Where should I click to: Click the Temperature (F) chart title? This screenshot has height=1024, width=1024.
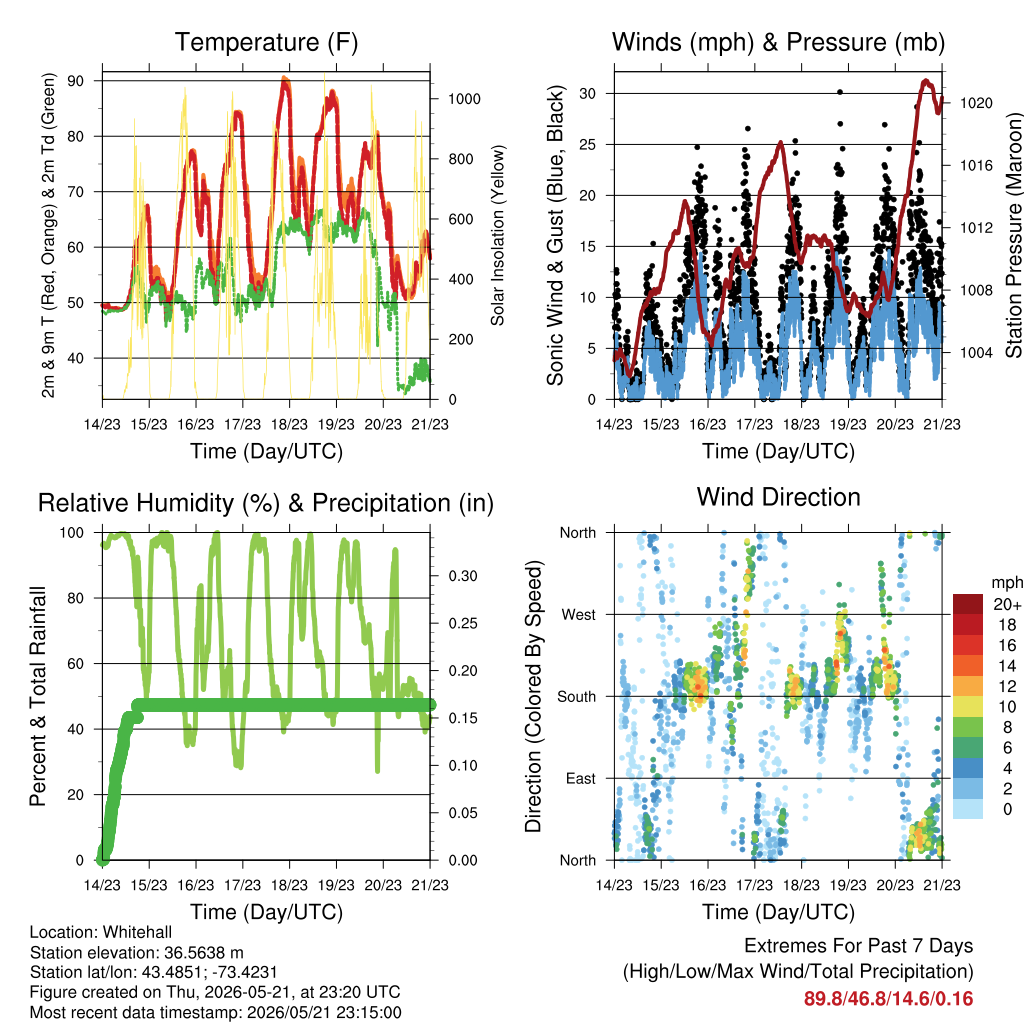[266, 42]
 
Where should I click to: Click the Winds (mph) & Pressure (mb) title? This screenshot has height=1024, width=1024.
[778, 42]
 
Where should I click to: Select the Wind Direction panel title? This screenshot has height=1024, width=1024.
[778, 497]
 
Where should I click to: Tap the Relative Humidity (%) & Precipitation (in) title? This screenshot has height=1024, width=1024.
[266, 504]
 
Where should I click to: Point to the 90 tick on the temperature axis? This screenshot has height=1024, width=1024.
[76, 81]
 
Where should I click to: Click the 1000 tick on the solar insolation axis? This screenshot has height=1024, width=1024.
[464, 99]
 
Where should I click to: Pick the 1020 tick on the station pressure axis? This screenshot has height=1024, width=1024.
[976, 103]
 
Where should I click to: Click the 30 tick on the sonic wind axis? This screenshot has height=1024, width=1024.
[587, 93]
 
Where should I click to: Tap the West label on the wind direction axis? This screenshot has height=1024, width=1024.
[579, 615]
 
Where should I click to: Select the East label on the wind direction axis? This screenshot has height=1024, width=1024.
[581, 778]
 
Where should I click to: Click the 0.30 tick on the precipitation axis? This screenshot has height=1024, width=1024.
[462, 576]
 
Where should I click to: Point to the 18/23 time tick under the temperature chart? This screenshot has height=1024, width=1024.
[289, 424]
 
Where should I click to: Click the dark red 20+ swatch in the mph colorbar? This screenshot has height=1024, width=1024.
[968, 604]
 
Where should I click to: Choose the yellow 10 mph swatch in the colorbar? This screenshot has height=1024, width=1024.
[968, 707]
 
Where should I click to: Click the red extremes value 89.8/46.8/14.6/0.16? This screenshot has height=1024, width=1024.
[888, 999]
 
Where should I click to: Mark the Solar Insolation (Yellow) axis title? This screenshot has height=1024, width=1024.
[498, 236]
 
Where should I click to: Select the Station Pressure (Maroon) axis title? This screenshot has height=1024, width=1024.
[1013, 236]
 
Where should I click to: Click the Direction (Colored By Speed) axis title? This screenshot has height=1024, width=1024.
[534, 696]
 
